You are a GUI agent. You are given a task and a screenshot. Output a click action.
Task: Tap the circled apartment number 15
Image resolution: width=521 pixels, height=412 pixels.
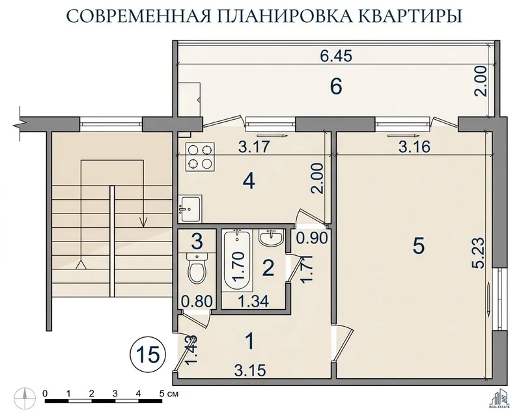coord(148,355)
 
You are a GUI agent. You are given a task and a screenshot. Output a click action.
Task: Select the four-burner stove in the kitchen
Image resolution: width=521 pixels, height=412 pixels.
coord(199,157)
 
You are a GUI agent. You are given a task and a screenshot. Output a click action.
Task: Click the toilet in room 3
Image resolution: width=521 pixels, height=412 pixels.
coord(197,268)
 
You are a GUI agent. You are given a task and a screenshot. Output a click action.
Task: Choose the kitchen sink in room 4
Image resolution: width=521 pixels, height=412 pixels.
coord(190,208)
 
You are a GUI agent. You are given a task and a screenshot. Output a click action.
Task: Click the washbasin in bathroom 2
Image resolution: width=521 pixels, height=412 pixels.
coord(271,238)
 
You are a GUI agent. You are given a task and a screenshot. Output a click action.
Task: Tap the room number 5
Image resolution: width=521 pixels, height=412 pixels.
coord(418,246)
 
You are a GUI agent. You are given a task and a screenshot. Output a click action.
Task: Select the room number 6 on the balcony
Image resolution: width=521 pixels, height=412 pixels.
coord(335,87)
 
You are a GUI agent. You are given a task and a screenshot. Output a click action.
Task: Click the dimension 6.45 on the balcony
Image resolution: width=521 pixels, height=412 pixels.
coord(336,56)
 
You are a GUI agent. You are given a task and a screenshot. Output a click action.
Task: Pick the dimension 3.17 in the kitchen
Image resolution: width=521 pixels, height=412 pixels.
coord(254,146)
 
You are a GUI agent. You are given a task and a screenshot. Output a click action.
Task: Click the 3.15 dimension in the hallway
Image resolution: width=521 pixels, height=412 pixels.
coord(250,370)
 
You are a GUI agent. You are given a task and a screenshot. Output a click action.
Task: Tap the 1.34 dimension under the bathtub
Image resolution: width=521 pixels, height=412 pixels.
coord(253,301)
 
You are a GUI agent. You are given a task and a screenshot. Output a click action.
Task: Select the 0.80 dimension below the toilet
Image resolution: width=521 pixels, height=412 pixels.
coord(197,301)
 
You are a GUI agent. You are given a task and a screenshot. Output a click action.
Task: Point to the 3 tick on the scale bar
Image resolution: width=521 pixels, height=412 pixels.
coord(115,394)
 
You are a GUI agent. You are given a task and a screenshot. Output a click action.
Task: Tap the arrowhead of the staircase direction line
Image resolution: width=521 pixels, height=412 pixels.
coord(143,222)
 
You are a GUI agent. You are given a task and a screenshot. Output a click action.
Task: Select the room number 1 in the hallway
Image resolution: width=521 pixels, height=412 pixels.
coord(250,341)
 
